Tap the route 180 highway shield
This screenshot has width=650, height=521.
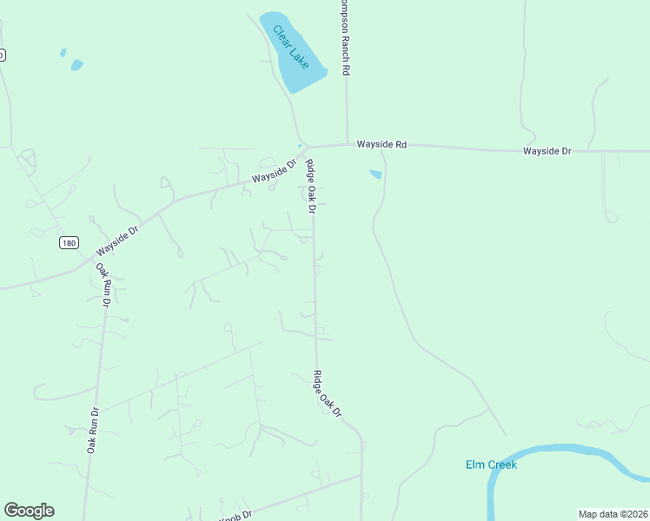point(70,242)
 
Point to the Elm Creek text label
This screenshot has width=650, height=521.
point(491,465)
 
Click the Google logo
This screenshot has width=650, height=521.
point(29,511)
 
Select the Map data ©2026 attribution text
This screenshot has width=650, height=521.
point(614,514)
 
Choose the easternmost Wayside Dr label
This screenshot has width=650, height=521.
point(547,151)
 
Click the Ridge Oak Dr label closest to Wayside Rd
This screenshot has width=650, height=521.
point(309,186)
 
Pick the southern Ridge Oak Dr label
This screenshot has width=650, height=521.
point(328,394)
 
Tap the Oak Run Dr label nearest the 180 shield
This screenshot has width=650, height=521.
point(104,286)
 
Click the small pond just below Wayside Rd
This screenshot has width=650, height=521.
point(375,174)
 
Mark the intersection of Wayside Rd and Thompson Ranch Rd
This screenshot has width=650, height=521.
point(348,144)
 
